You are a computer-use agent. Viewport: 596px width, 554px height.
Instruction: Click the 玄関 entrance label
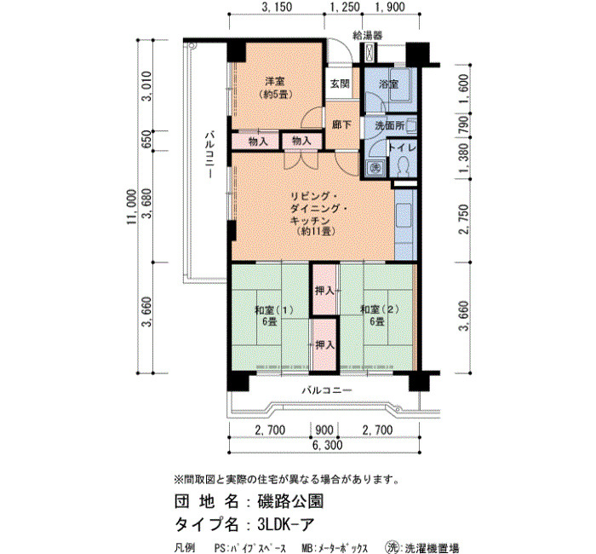click(x=340, y=84)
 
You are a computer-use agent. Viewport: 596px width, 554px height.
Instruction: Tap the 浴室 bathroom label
click(x=388, y=84)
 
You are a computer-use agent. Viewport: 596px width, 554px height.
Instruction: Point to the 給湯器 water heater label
click(x=368, y=36)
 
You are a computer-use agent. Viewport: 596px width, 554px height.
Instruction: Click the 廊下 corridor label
click(x=341, y=124)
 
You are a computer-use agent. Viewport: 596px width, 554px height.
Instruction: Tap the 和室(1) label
click(x=273, y=309)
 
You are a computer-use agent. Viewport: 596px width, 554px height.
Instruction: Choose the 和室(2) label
click(x=380, y=309)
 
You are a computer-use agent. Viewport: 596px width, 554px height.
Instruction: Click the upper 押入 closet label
click(x=325, y=291)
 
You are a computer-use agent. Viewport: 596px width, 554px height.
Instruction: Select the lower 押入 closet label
click(x=325, y=344)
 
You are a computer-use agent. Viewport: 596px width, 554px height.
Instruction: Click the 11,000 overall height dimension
click(x=131, y=207)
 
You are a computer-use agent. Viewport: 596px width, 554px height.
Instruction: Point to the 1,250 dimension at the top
click(x=344, y=7)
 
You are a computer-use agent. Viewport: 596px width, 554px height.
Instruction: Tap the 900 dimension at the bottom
click(x=324, y=430)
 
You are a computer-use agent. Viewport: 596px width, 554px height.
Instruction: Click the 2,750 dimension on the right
click(x=465, y=220)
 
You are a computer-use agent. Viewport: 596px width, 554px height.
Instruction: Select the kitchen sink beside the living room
click(x=404, y=216)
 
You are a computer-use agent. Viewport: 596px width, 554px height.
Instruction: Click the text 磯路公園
click(x=291, y=501)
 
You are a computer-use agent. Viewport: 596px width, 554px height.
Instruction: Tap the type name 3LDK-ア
click(x=286, y=525)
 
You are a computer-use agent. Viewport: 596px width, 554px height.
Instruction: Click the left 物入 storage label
click(x=258, y=142)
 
